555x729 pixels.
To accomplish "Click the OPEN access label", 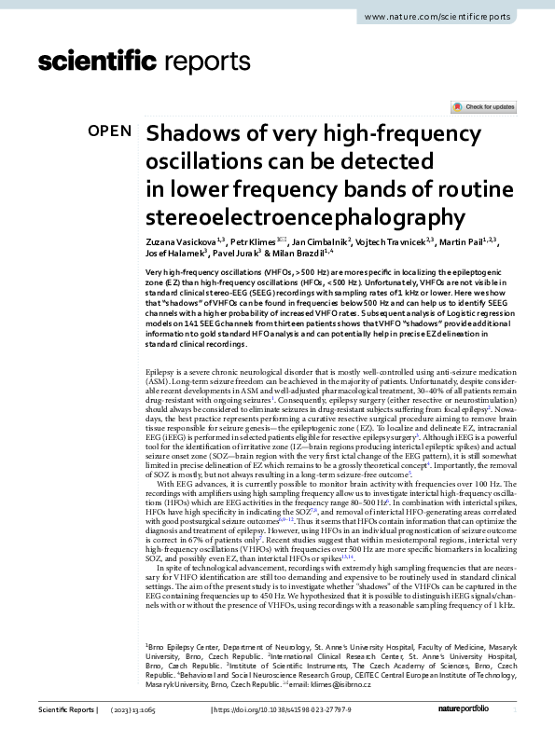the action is point(109,131).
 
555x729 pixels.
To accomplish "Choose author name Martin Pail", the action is point(464,242).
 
